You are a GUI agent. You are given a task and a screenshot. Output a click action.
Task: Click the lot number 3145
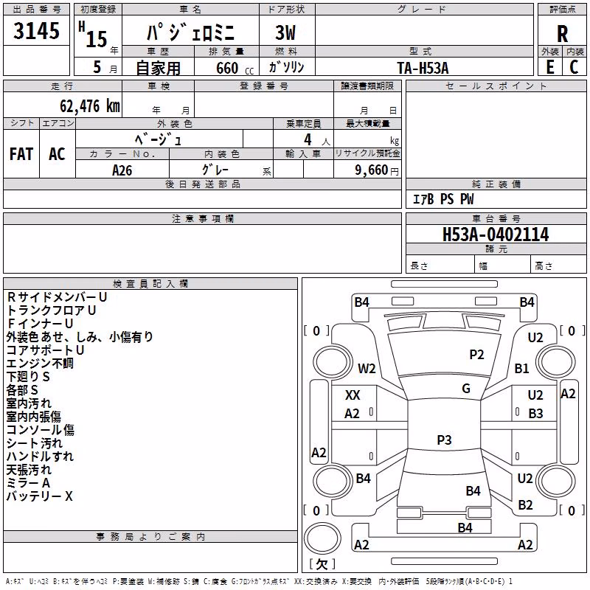click(x=36, y=30)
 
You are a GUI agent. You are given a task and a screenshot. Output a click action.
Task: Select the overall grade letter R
click(x=562, y=34)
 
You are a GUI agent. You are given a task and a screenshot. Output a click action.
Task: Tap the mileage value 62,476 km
click(x=90, y=105)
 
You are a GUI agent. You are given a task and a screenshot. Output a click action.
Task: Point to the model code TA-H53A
click(x=423, y=68)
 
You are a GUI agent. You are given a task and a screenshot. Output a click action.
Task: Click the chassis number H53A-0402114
click(x=496, y=235)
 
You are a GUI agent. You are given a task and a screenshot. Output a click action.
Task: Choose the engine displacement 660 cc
click(x=235, y=68)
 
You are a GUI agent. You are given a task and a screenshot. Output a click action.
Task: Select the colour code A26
click(x=122, y=170)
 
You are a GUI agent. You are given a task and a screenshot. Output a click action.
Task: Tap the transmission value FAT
click(x=21, y=154)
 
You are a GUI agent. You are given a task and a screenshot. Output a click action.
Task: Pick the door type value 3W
click(x=285, y=32)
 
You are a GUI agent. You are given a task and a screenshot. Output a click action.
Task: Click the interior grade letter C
click(x=574, y=67)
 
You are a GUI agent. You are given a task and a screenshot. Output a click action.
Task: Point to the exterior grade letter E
click(x=550, y=67)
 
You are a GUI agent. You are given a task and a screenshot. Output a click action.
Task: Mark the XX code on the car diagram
click(x=353, y=395)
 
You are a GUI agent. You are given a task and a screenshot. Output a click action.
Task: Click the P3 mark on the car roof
click(x=444, y=440)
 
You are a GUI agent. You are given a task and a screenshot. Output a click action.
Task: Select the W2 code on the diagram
click(x=367, y=368)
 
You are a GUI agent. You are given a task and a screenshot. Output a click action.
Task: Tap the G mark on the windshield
click(x=466, y=389)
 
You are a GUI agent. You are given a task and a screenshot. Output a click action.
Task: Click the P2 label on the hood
click(x=476, y=355)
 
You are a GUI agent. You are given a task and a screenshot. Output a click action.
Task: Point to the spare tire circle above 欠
click(x=322, y=538)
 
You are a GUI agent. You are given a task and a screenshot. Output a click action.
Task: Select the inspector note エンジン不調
click(x=40, y=363)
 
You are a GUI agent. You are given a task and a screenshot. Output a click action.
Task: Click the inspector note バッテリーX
click(x=40, y=496)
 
